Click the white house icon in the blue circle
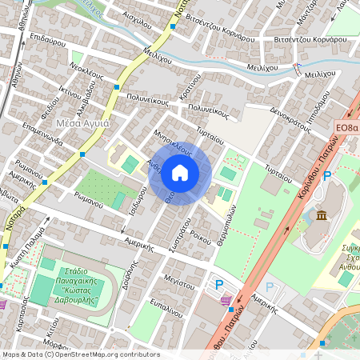click(180, 172)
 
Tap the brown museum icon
click(321, 216)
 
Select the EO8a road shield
click(346, 127)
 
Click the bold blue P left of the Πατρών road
click(219, 284)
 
